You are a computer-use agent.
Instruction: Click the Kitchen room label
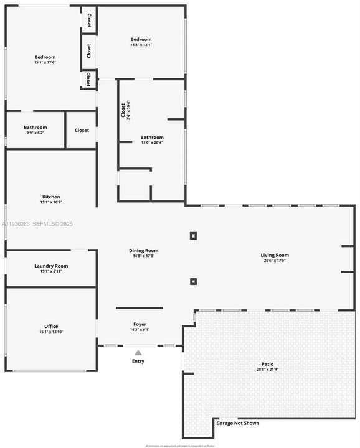[x=51, y=197]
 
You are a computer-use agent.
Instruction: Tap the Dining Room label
[x=144, y=250]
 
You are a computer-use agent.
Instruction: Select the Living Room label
[x=275, y=254]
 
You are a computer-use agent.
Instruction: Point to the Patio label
[x=267, y=364]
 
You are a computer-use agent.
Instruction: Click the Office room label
[x=51, y=326]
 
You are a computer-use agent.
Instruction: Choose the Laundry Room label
[x=51, y=266]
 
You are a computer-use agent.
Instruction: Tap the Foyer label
[x=140, y=324]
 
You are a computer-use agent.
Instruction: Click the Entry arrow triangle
[x=138, y=353]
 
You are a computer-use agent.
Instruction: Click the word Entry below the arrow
[x=138, y=361]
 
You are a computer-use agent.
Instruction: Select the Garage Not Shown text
[x=237, y=423]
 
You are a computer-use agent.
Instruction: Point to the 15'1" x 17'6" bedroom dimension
[x=45, y=63]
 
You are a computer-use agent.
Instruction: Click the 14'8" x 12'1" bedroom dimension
[x=141, y=45]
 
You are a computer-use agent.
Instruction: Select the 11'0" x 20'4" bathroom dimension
[x=152, y=142]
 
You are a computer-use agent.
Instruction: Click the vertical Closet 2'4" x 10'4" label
[x=125, y=110]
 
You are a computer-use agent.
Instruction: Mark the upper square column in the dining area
[x=193, y=236]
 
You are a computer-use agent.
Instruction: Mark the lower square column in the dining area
[x=193, y=281]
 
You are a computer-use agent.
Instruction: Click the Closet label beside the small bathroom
[x=82, y=130]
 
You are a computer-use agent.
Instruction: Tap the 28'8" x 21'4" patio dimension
[x=267, y=370]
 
